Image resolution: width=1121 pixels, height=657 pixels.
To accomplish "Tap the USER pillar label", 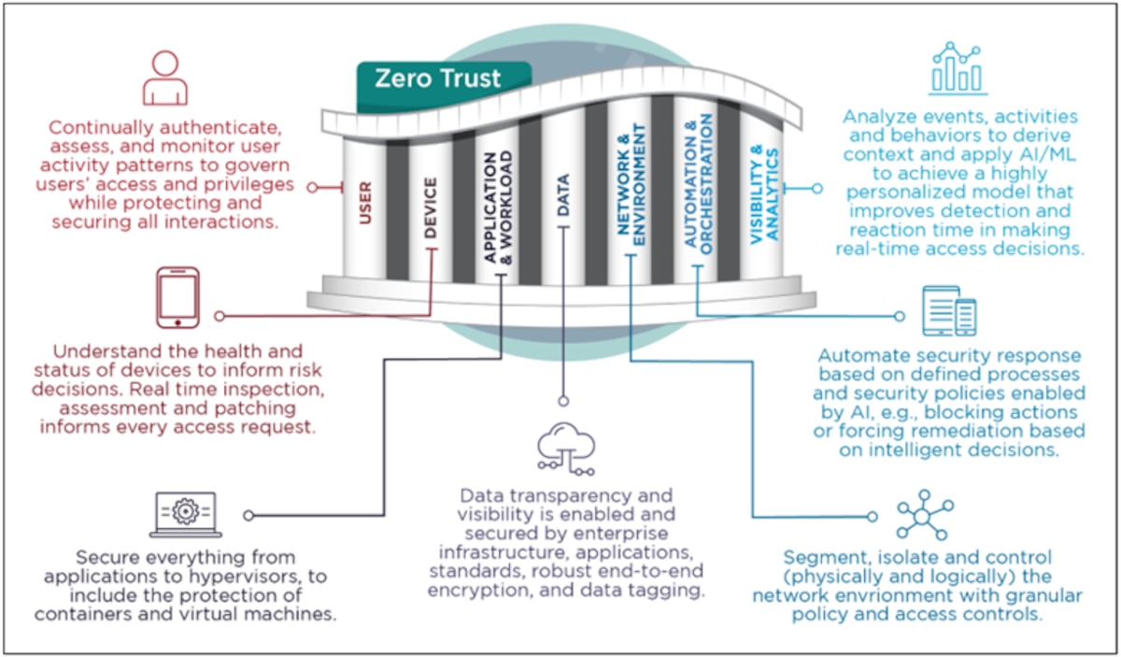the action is (365, 203).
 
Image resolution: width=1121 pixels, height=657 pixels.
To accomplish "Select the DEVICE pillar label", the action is (431, 207).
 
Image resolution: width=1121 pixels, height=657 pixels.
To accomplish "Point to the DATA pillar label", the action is (563, 195).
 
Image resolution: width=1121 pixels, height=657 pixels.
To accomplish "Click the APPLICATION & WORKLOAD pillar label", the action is (499, 207).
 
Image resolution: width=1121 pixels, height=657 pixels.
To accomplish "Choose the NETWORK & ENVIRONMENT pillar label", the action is (631, 185).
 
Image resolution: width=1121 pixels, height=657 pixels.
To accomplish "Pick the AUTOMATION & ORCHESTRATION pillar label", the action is (698, 184).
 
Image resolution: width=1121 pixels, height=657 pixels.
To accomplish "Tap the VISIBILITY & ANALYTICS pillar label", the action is (765, 195).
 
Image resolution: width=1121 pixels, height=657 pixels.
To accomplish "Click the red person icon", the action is (165, 78).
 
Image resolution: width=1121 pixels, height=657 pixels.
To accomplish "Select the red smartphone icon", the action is (177, 297).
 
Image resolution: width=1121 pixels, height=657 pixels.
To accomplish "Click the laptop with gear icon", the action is (186, 515).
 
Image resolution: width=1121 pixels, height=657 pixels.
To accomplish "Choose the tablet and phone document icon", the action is (949, 311).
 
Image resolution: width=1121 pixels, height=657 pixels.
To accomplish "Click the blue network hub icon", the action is (925, 515).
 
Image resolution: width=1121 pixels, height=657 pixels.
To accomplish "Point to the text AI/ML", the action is (1050, 154).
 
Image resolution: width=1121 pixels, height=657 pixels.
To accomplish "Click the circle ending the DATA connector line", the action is (563, 401).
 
